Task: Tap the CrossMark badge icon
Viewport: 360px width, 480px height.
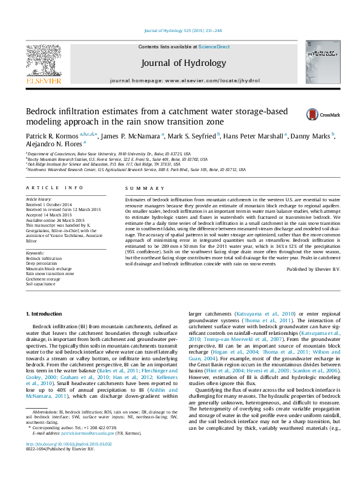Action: [312, 114]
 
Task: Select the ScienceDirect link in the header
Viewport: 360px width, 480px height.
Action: [214, 47]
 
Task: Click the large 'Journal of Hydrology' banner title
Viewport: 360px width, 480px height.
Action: [183, 63]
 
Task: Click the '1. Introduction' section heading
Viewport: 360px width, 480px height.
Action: [46, 314]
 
